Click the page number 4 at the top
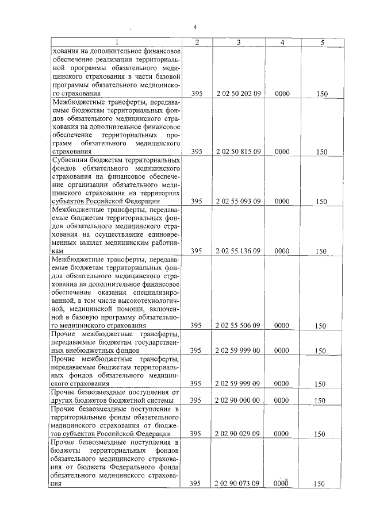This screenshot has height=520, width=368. pos(195,27)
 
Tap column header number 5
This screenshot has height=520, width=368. pos(322,43)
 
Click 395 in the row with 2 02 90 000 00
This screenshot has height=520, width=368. pos(196,400)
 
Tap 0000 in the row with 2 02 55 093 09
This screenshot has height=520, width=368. pos(282,201)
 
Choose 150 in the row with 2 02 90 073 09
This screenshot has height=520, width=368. pos(321,484)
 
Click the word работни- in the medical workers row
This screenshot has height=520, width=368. pos(166,243)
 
